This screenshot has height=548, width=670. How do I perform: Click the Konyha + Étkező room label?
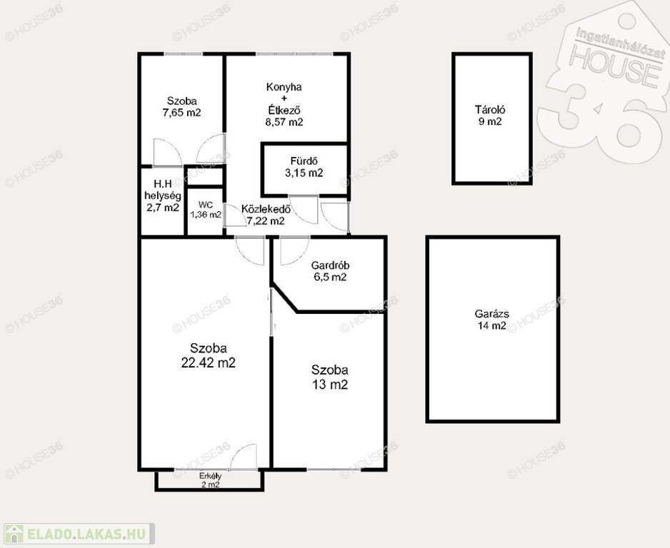[284, 98]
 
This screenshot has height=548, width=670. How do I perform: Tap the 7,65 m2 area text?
[181, 113]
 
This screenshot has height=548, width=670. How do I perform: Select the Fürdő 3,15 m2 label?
[304, 167]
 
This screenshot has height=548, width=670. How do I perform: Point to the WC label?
[206, 205]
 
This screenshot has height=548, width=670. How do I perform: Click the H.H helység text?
[163, 190]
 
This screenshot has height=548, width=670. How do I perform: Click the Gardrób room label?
[330, 265]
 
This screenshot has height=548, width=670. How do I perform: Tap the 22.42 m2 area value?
[208, 362]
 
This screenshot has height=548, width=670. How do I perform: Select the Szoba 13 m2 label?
[330, 377]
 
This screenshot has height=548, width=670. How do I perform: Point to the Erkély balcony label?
[210, 475]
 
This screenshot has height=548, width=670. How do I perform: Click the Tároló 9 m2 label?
[490, 115]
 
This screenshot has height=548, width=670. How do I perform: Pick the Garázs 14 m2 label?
[491, 320]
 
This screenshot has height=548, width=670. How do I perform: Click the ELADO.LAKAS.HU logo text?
[86, 534]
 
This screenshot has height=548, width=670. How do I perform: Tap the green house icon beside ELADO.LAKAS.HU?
[14, 534]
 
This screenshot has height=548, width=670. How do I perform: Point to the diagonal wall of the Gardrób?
[284, 298]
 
